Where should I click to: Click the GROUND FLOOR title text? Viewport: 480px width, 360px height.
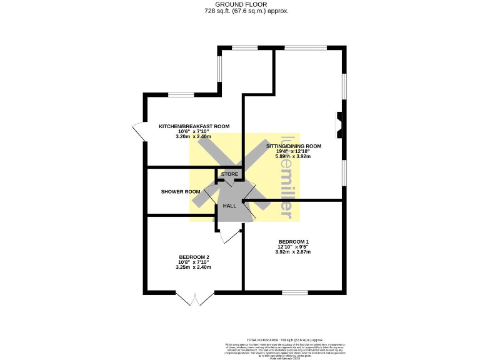(x=241, y=5)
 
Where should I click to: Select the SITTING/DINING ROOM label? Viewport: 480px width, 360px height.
(x=294, y=146)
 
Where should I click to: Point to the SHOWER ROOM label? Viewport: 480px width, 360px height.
(x=181, y=191)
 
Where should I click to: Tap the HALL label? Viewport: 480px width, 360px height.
(x=229, y=205)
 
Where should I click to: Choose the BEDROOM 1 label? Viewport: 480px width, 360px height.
(x=294, y=241)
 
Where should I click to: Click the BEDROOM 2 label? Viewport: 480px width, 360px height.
(x=194, y=257)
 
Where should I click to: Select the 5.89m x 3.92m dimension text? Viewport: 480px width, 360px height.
(x=294, y=157)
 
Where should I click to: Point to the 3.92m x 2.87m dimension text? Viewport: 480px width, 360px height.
(x=294, y=252)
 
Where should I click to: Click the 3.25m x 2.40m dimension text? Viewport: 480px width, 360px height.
(x=194, y=267)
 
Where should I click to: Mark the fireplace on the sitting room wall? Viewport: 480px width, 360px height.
(x=339, y=123)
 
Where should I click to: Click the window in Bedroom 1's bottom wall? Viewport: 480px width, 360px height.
(x=294, y=292)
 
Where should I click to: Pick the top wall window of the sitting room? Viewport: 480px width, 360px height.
(x=305, y=47)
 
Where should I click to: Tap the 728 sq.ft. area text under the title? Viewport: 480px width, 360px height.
(x=241, y=11)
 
